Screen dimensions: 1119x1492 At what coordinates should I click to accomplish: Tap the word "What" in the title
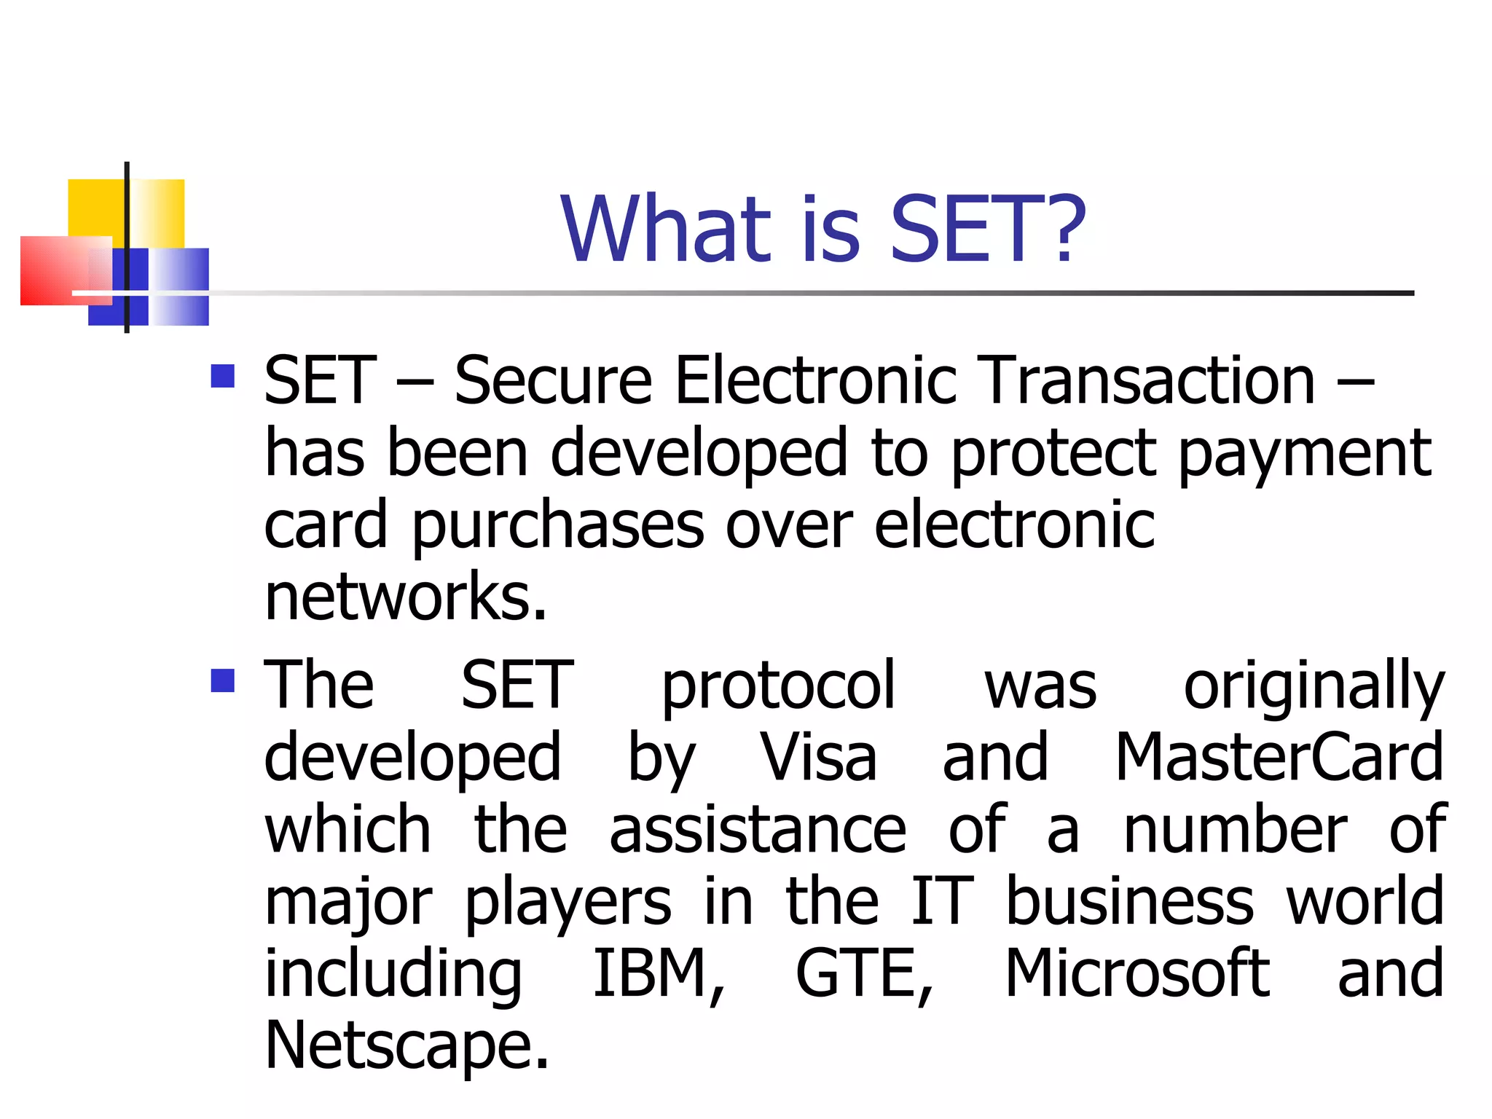665,229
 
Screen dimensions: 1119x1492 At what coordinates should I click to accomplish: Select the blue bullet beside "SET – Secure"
222,376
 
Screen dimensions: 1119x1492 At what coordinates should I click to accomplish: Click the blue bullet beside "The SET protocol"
222,680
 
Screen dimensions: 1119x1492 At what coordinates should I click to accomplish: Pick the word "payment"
1305,455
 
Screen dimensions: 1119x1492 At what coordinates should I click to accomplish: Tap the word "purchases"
557,527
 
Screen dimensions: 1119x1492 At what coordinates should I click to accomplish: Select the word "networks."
405,597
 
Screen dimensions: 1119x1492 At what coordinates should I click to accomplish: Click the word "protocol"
777,686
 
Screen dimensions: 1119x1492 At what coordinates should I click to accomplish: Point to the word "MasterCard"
1279,758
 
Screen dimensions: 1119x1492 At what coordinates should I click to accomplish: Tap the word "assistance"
758,830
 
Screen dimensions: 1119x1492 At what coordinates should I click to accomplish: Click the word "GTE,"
864,974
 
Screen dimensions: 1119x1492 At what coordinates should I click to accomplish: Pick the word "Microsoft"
1137,974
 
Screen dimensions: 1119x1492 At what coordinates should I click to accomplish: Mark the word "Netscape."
407,1046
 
